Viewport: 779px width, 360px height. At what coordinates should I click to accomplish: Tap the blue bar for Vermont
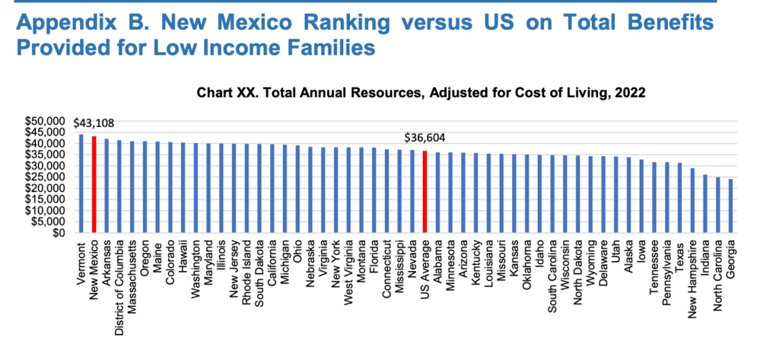tap(81, 183)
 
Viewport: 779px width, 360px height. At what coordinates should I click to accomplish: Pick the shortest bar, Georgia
tap(731, 205)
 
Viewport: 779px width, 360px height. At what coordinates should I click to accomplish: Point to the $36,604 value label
tap(424, 138)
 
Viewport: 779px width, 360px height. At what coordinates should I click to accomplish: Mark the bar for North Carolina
tap(718, 205)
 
